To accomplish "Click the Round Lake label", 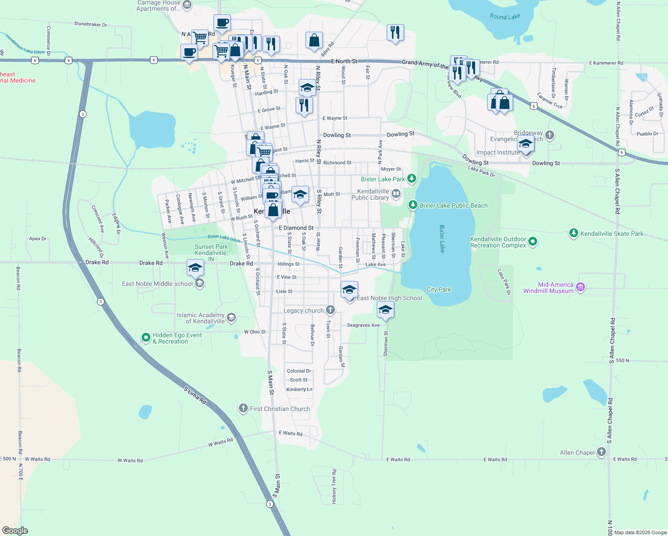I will click(505, 17).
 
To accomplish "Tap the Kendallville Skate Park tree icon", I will click(574, 233).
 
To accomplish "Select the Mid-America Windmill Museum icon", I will click(580, 287).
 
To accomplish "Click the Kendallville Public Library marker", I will click(396, 194).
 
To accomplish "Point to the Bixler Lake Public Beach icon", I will click(413, 205).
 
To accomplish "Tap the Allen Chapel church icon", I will click(601, 452).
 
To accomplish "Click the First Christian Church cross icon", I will click(243, 408).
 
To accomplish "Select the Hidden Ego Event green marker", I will click(146, 338).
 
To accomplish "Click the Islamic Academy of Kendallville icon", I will click(231, 318).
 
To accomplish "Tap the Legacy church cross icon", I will click(330, 310).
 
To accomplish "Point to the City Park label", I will click(438, 289).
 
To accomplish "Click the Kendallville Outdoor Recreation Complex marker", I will click(532, 242).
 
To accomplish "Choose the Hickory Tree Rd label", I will click(334, 486).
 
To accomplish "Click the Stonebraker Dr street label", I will click(90, 24).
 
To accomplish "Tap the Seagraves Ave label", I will click(363, 325).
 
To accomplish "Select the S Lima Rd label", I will click(195, 396).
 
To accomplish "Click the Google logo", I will click(15, 531).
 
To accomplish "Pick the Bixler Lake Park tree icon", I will click(412, 179).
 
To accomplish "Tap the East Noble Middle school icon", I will click(200, 283).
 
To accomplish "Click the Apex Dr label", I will click(38, 239).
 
